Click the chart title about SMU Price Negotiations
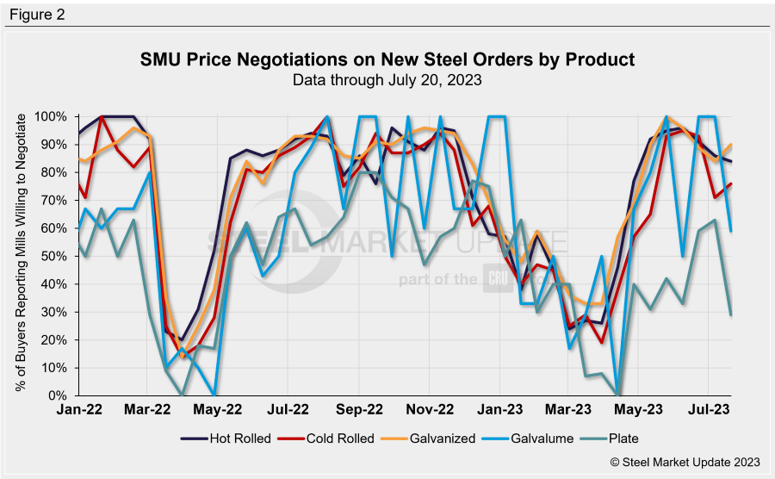pos(387,60)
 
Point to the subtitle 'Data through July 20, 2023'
pos(387,80)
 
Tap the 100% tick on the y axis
pos(52,116)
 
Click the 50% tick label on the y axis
pos(55,256)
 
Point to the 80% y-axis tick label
pos(55,172)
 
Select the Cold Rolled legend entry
pos(329,438)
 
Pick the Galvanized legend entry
pos(431,438)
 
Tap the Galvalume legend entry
pos(533,438)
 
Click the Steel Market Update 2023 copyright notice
pos(685,463)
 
